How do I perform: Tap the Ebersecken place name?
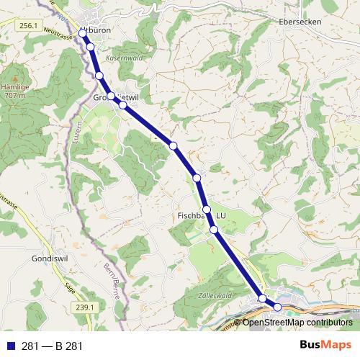click(x=300, y=22)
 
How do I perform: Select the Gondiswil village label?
click(x=50, y=257)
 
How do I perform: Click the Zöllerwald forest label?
click(x=215, y=295)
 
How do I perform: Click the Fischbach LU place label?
click(x=202, y=215)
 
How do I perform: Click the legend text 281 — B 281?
click(x=52, y=346)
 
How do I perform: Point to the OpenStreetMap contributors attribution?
click(x=297, y=323)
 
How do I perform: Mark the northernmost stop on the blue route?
click(x=83, y=33)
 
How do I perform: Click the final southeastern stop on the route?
click(x=277, y=307)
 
